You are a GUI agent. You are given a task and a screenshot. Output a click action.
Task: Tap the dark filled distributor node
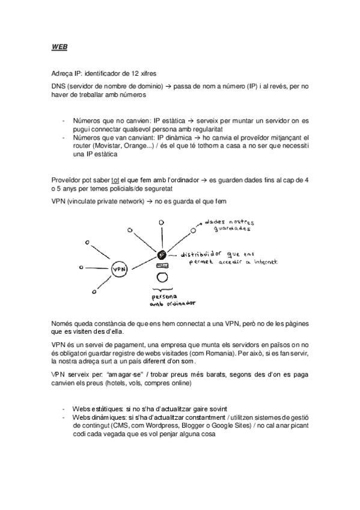click(x=162, y=255)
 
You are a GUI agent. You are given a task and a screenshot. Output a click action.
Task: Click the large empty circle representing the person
click(x=162, y=277)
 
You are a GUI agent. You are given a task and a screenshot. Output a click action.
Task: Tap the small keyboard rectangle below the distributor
click(x=162, y=266)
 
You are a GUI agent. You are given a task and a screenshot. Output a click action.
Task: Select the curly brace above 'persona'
click(x=161, y=289)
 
